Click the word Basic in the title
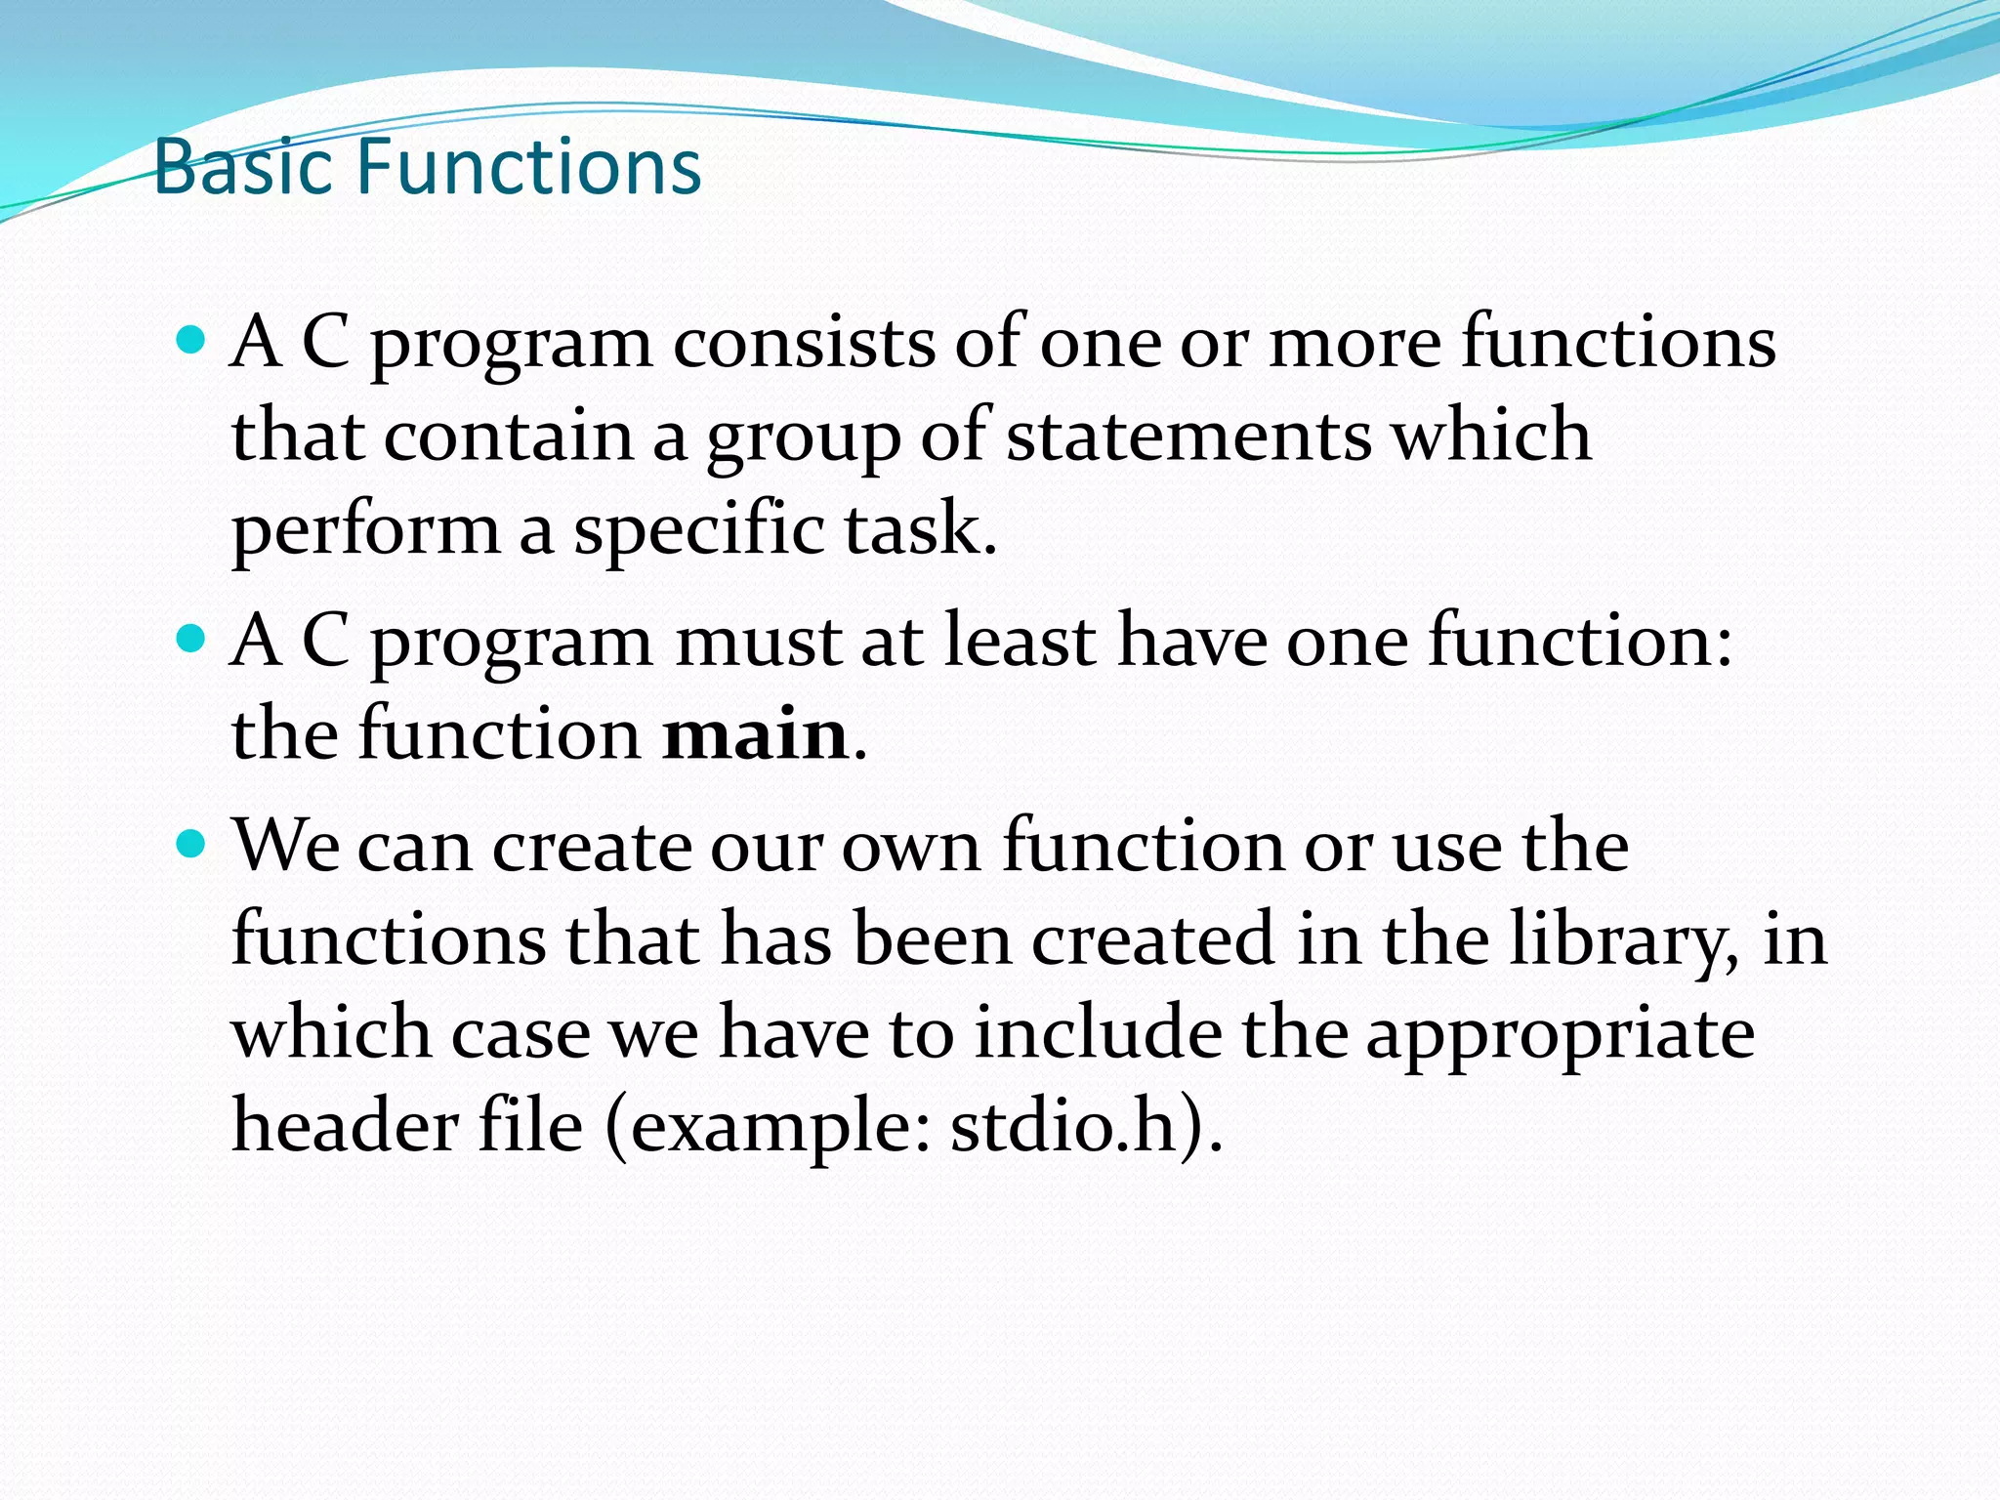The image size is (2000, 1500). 243,167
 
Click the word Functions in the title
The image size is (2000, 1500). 528,167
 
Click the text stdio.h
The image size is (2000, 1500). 1063,1125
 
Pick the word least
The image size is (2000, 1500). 1020,642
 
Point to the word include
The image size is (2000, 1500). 1099,1033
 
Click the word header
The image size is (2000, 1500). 344,1125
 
